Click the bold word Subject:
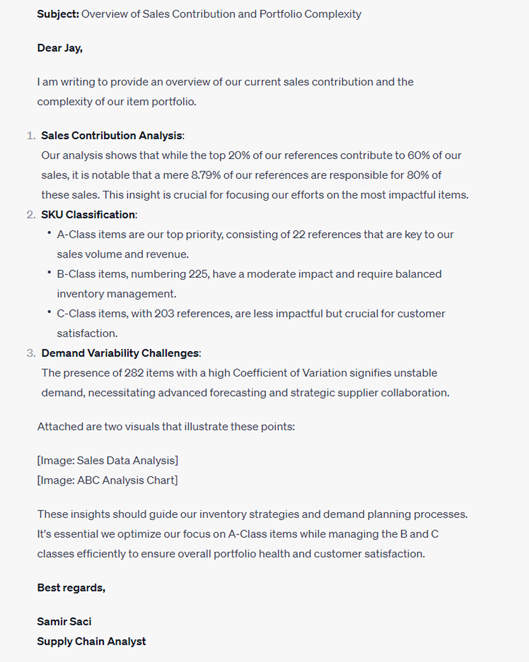tap(58, 14)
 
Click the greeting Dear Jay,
tap(59, 48)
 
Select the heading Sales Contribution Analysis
tap(111, 135)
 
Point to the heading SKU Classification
tap(88, 214)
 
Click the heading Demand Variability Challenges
tap(120, 353)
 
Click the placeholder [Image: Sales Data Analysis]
tap(107, 461)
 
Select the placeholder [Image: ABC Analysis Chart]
tap(107, 480)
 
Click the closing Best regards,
tap(71, 587)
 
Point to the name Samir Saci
tap(64, 622)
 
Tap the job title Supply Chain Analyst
tap(91, 641)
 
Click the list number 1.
tap(31, 135)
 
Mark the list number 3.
tap(31, 353)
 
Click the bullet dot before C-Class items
tap(49, 312)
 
